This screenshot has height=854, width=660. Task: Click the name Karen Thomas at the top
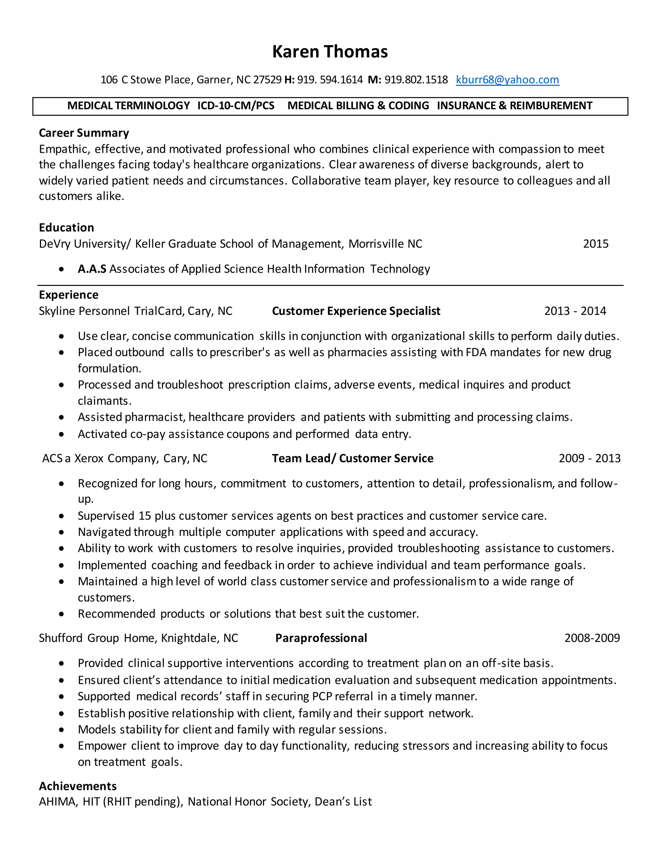330,52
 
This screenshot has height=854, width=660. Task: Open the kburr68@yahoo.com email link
507,80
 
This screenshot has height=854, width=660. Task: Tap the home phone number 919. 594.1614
330,80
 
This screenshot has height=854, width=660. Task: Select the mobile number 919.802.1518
416,80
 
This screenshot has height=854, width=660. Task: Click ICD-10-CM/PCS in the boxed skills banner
236,106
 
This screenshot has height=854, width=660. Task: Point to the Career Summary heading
84,133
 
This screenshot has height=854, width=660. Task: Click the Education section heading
66,228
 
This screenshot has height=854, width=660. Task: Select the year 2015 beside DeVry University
596,244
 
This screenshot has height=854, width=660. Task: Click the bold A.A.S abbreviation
92,269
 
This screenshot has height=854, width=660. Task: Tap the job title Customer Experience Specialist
356,311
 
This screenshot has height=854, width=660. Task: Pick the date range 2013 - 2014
575,311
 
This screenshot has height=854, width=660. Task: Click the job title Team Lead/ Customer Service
352,458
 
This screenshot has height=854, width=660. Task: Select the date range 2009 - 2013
589,458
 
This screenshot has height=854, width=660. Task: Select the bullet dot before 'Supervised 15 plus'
61,516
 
